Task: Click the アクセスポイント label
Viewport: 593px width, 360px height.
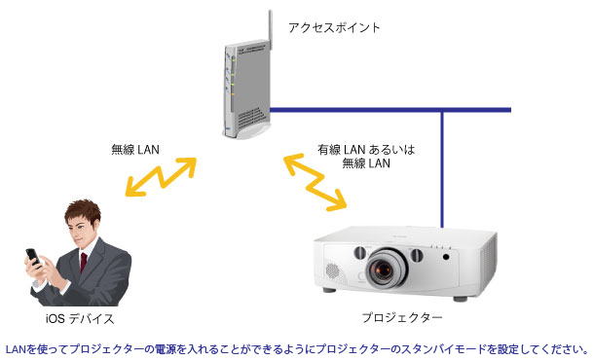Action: point(334,27)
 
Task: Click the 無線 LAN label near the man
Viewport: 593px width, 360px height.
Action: point(135,149)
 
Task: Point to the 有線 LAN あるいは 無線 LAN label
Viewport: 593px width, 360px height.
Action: point(366,157)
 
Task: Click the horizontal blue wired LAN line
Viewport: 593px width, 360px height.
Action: point(389,109)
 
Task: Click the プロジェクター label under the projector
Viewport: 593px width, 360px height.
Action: point(401,318)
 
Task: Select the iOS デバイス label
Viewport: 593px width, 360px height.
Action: point(81,318)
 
